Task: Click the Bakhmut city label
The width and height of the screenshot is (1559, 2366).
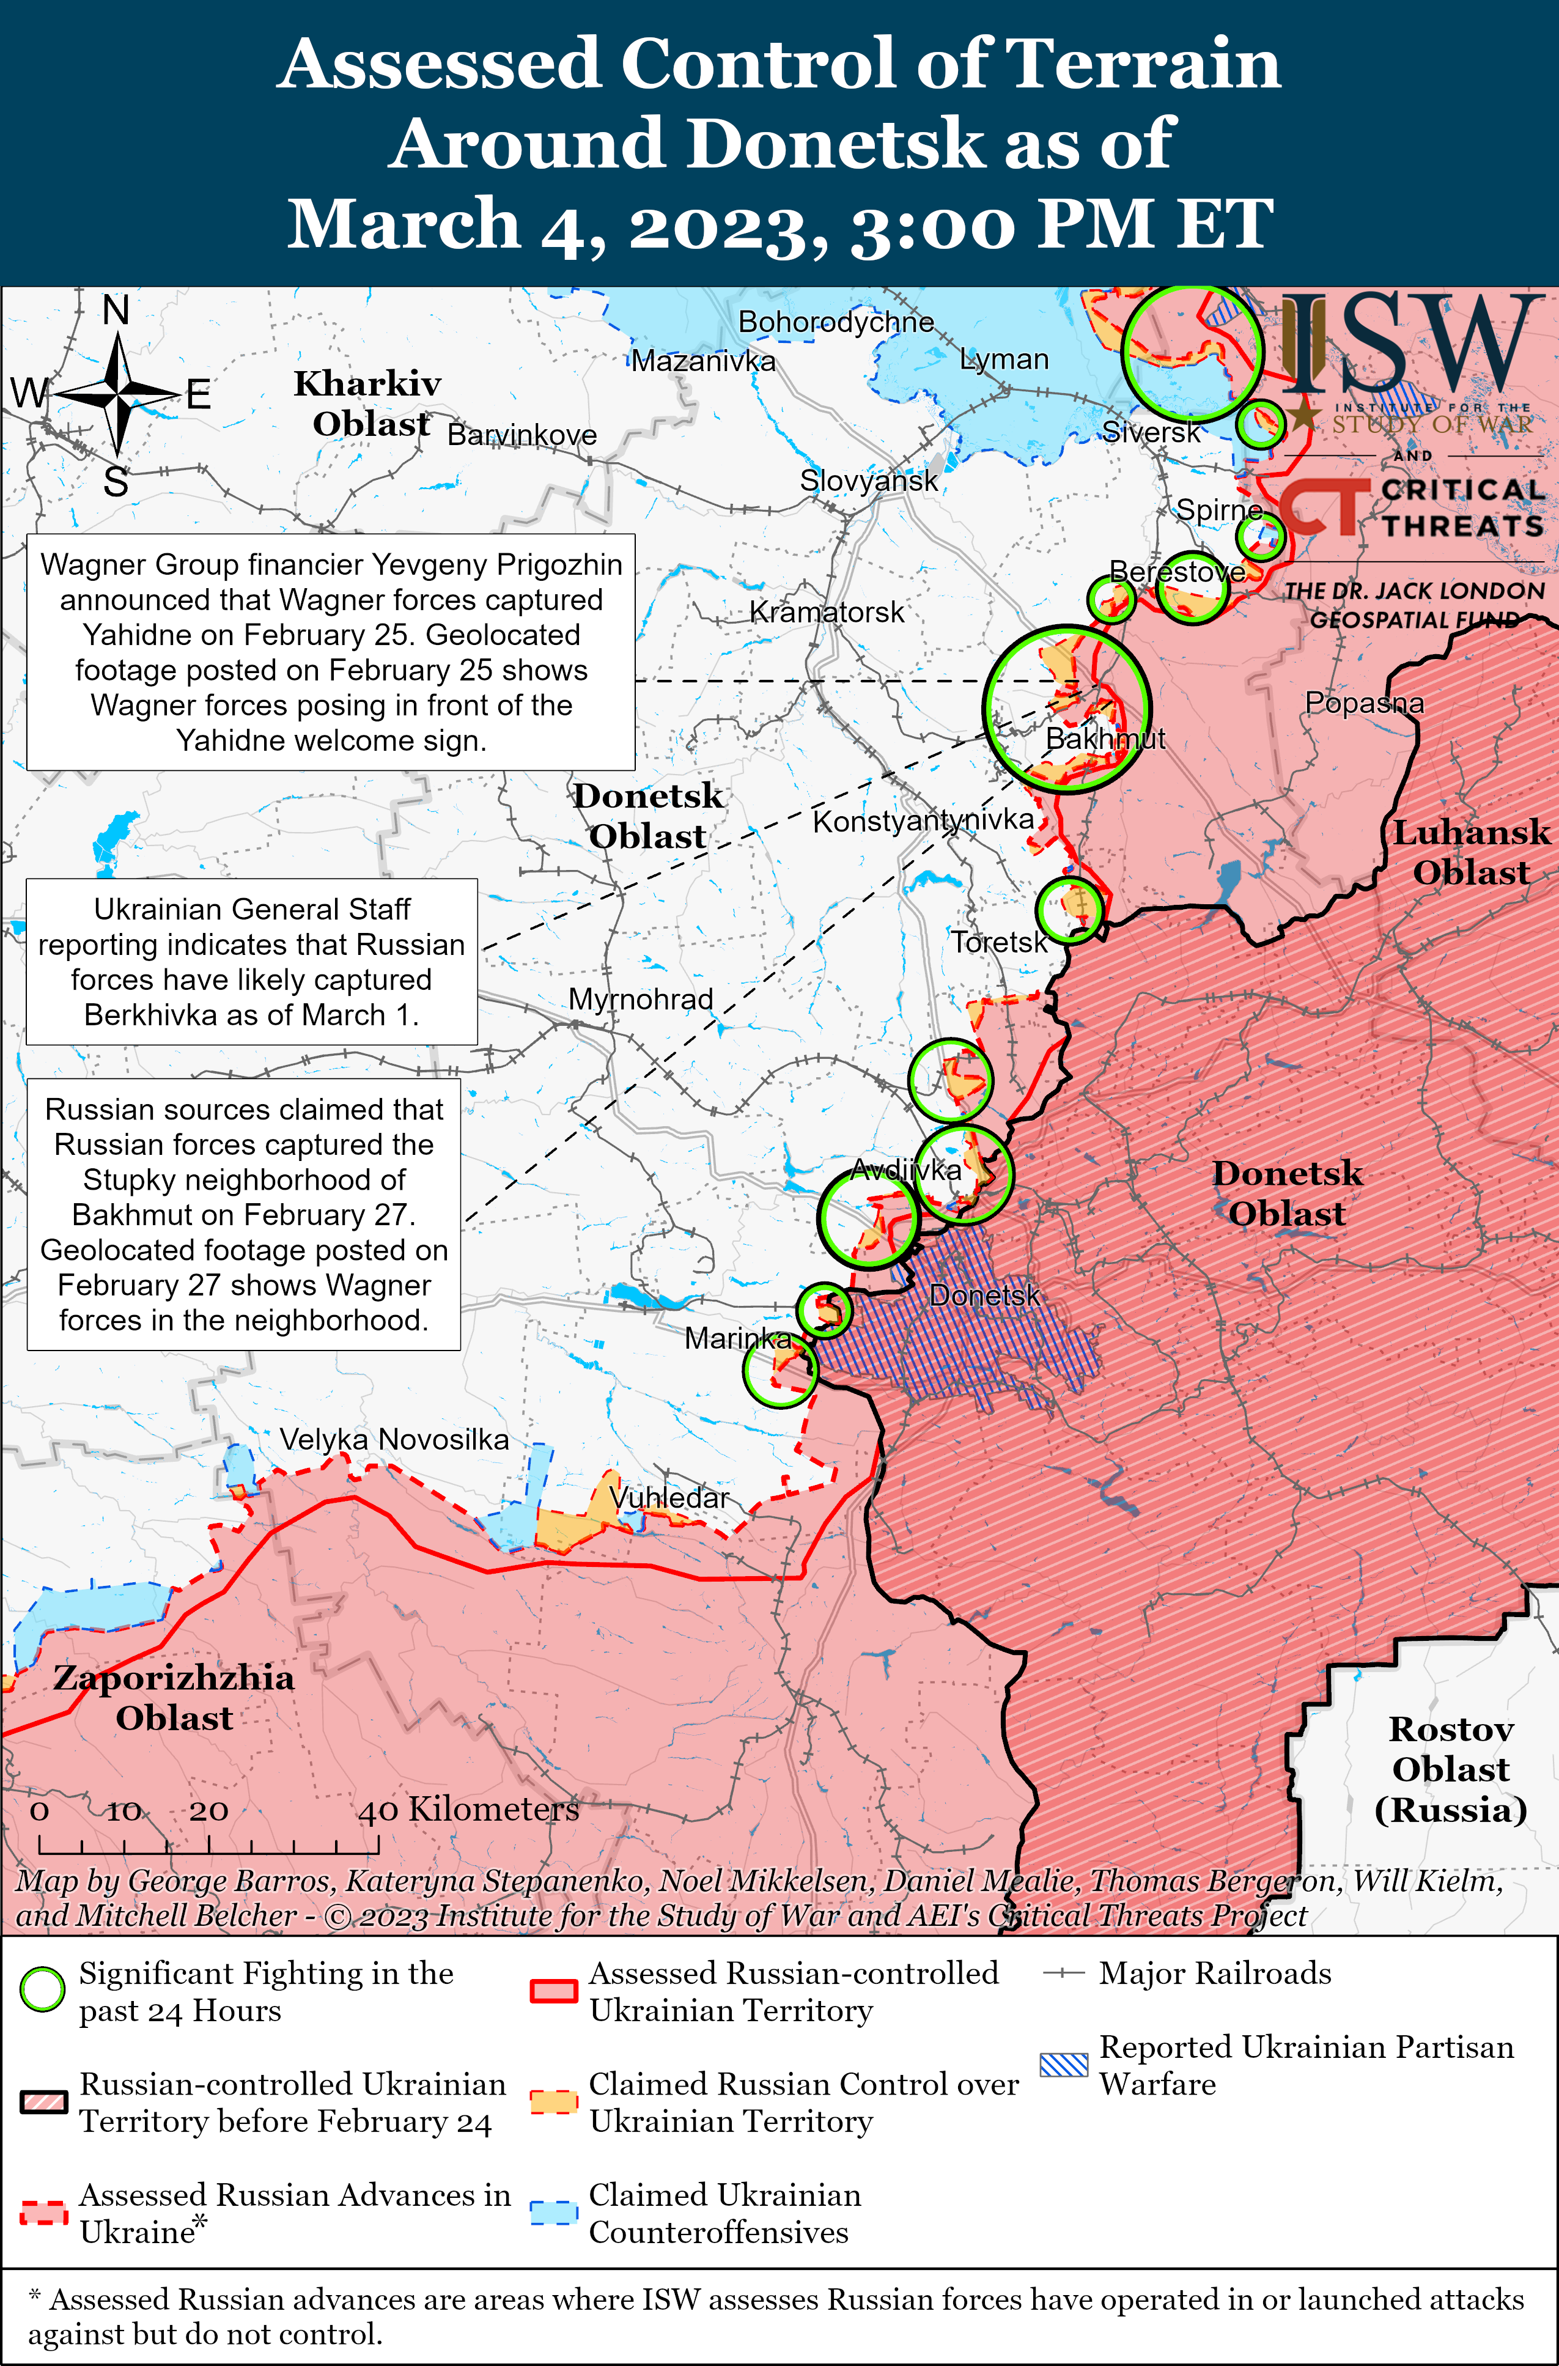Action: [x=1105, y=739]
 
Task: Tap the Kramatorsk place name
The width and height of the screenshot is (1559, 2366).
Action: [x=826, y=613]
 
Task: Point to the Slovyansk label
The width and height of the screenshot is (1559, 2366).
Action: [x=868, y=481]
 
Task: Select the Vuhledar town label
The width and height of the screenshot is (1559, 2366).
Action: [x=669, y=1497]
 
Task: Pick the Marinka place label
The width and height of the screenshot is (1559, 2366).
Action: [x=738, y=1338]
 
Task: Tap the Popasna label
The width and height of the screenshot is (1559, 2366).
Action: [x=1363, y=703]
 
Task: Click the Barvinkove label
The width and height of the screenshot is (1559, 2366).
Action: [x=522, y=435]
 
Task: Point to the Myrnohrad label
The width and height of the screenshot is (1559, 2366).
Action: [x=640, y=999]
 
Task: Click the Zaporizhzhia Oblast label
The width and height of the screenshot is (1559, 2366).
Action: [x=174, y=1697]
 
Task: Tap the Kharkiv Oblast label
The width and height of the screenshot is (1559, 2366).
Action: [x=368, y=404]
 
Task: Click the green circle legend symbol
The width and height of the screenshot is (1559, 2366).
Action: [x=43, y=1989]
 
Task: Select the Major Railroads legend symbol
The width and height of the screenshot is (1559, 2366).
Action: [x=1063, y=1974]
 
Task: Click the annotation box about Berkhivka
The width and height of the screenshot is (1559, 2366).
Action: [x=251, y=961]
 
